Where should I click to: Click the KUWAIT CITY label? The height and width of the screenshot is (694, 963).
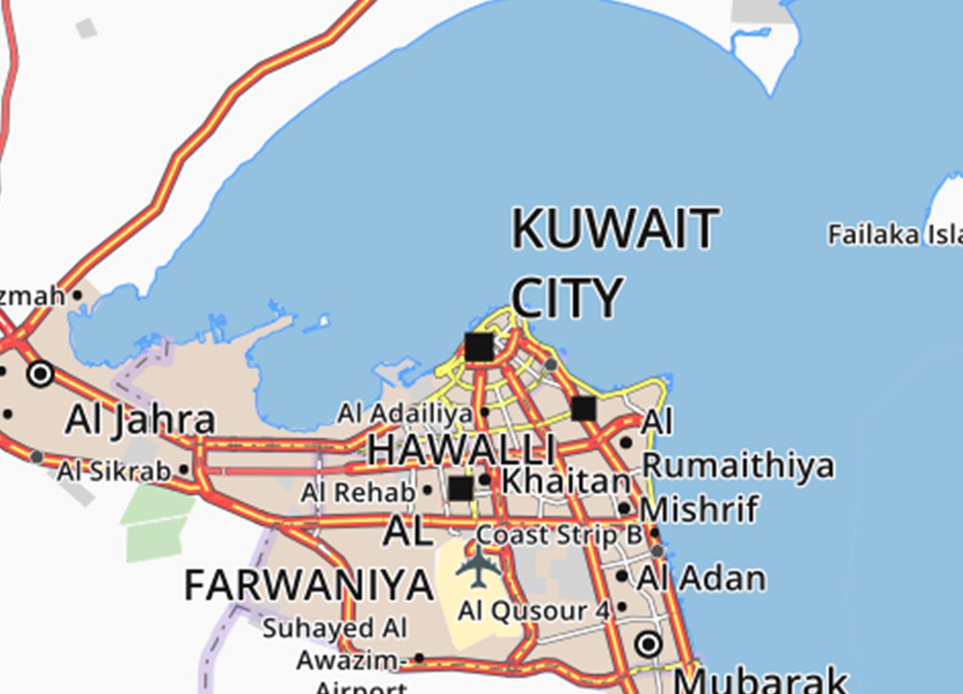coord(615,263)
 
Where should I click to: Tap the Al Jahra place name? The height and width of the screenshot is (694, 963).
coord(140,420)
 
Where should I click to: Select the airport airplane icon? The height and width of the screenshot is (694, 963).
coord(477,565)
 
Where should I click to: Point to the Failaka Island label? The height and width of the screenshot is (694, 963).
coord(894,235)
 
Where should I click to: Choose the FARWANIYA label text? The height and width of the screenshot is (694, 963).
coord(308,585)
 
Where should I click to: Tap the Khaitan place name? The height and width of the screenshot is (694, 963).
coord(566,481)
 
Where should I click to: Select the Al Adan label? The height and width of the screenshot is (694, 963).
coord(701,579)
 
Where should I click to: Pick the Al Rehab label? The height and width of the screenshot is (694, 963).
coord(357,493)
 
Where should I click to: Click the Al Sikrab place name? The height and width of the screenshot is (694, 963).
coord(113,471)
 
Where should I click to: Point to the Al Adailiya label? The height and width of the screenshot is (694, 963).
coord(405,414)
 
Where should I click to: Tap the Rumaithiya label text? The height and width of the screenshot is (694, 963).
coord(738,465)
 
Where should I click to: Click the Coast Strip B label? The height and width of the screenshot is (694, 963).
coord(559,536)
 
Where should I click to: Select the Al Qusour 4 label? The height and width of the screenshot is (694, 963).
coord(534,610)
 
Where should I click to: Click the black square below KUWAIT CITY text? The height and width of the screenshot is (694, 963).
coord(479,347)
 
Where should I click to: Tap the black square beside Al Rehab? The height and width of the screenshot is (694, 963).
coord(461,489)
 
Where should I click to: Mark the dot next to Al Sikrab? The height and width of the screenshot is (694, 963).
coord(184,469)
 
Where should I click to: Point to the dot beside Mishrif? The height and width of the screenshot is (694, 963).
coord(624,509)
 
